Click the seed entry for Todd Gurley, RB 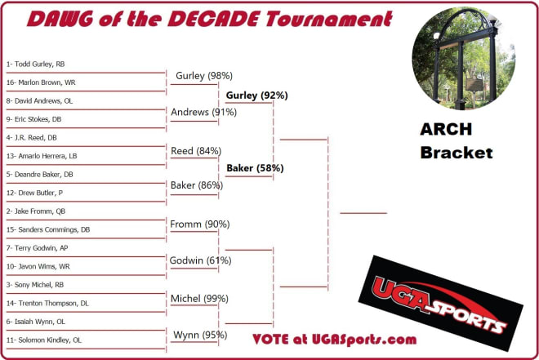point(35,64)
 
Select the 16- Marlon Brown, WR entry point(41,82)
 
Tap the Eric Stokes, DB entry point(33,119)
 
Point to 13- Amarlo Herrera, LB point(42,156)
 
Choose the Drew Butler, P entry point(34,193)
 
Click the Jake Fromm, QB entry point(36,211)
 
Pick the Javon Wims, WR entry point(38,266)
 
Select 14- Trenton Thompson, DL point(47,304)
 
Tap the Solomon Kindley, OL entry point(44,340)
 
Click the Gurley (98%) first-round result point(204,76)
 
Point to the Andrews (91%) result point(204,112)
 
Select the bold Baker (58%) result point(255,168)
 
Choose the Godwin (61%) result point(200,260)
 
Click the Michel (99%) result point(199,299)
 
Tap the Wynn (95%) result point(200,335)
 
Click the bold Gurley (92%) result point(256,96)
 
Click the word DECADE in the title point(213,19)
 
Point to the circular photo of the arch point(464,59)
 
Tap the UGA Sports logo point(441,303)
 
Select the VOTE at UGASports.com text point(335,340)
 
